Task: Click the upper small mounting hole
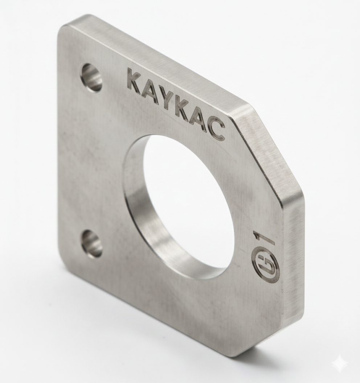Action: (91, 77)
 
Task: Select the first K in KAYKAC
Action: (136, 80)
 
